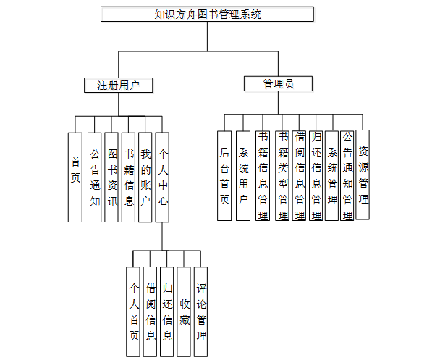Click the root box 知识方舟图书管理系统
pos(207,14)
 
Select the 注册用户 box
pos(119,85)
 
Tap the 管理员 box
pos(278,84)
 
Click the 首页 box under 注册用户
pos(75,177)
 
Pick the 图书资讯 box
pos(111,177)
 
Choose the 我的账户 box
pos(145,177)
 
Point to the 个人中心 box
pos(163,177)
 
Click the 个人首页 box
pos(134,311)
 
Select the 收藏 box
pos(185,311)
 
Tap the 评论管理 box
pos(201,311)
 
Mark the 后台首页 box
pos(224,176)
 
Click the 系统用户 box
pos(242,176)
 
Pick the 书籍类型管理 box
pos(282,176)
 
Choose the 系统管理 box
pos(332,176)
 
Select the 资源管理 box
pos(363,175)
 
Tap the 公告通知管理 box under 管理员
pos(347,176)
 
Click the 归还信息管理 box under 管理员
pos(316,176)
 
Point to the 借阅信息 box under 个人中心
pos(151,311)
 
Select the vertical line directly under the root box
pos(207,36)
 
